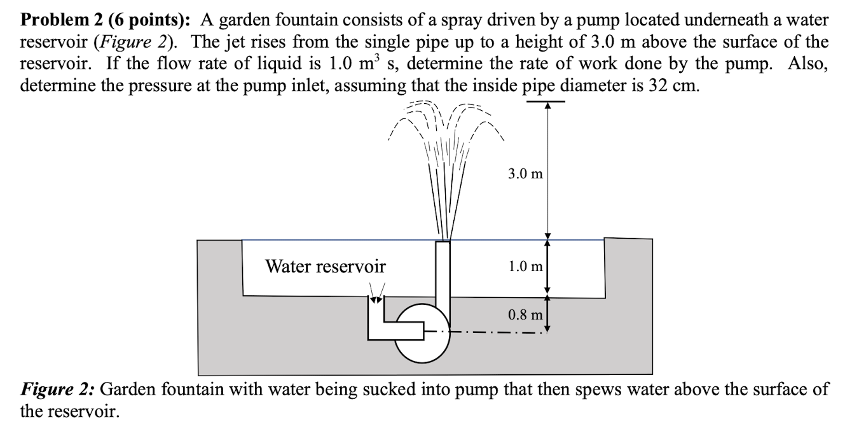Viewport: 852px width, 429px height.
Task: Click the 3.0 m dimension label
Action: click(x=525, y=174)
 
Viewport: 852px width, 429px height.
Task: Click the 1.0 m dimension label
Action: click(x=525, y=266)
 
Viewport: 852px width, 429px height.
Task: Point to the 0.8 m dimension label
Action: click(x=525, y=314)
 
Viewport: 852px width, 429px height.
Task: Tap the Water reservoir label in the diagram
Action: click(x=325, y=266)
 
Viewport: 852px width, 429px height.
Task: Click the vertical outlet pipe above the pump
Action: click(x=443, y=274)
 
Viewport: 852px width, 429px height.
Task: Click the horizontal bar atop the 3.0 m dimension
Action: click(x=546, y=101)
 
